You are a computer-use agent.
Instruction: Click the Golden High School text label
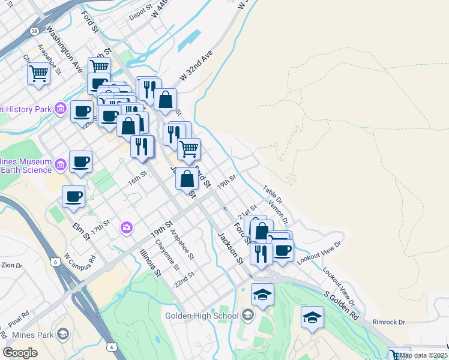[x=202, y=316]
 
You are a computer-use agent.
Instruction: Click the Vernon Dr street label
[x=279, y=211]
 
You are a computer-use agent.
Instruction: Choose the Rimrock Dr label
[x=389, y=322]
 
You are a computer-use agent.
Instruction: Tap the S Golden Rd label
[x=343, y=306]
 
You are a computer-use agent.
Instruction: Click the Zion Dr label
[x=11, y=265]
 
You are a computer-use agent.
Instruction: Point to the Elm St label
[x=80, y=232]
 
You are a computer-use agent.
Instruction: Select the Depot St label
[x=141, y=13]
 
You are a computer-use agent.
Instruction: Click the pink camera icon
[x=126, y=227]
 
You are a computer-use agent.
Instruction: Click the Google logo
[x=20, y=353]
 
